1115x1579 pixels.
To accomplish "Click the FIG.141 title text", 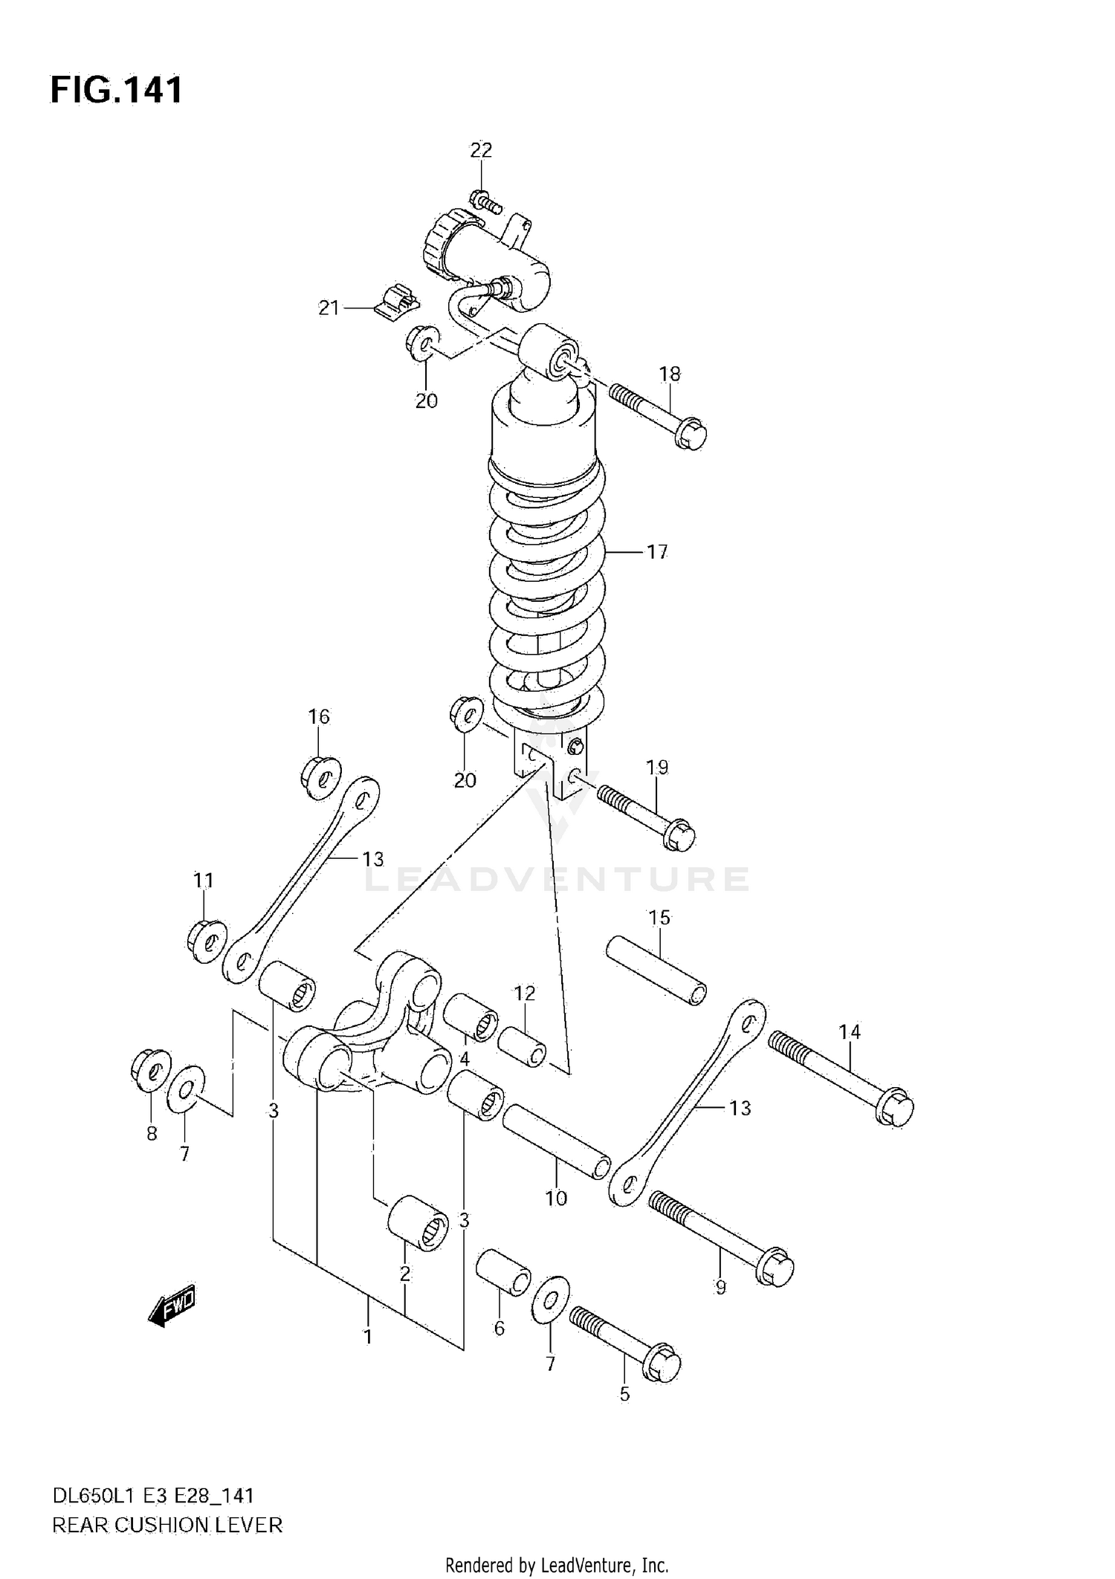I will coord(116,90).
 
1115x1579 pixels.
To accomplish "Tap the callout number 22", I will coord(481,150).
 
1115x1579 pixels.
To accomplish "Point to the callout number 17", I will coord(656,551).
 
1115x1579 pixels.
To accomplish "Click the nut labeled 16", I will coord(321,777).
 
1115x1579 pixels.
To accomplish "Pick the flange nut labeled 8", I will coord(150,1070).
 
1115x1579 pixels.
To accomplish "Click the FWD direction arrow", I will coord(172,1304).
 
